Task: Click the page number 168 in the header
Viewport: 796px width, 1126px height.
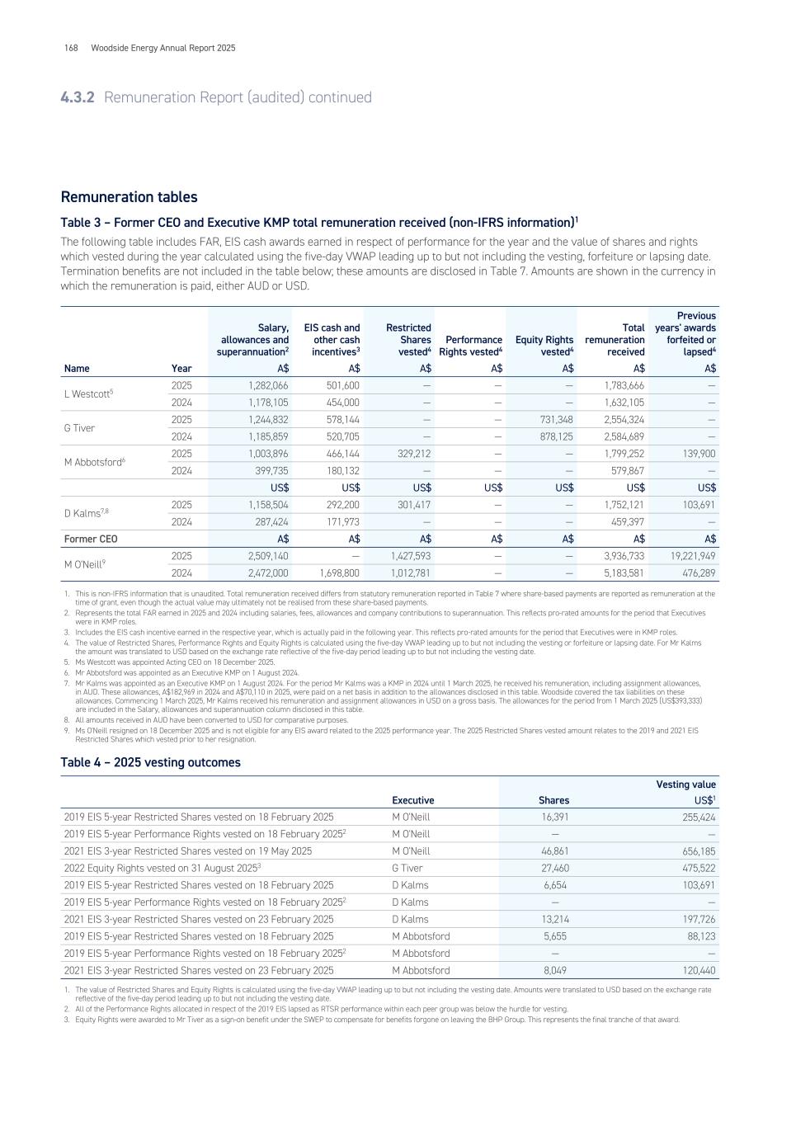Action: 71,48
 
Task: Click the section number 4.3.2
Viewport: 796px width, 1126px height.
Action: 78,97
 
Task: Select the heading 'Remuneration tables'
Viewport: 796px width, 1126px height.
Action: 129,197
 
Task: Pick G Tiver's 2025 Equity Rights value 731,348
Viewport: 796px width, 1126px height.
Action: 555,420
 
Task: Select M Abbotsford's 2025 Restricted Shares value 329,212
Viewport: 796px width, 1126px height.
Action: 410,454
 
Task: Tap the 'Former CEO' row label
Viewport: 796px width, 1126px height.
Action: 91,539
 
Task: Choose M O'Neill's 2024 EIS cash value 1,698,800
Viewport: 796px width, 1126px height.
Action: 338,573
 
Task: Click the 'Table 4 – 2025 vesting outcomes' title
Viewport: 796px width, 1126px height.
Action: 150,762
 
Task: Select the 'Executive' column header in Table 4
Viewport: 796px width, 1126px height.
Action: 412,800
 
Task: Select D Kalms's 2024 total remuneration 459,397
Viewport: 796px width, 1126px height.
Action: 624,522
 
